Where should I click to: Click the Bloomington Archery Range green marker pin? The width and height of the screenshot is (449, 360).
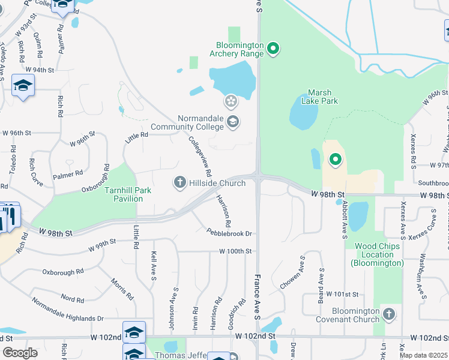pos(273,47)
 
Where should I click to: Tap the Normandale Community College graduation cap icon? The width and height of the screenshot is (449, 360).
pos(232,123)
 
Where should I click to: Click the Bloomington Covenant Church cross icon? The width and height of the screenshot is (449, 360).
pos(389,314)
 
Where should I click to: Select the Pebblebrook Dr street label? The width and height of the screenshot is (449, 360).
pos(229,233)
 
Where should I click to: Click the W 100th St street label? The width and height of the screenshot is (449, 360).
pos(234,251)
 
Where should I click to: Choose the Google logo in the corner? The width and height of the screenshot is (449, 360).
pos(20,352)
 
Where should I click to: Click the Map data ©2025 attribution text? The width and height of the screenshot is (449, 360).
pos(424,355)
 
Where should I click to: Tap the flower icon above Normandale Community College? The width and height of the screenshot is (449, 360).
pos(231,100)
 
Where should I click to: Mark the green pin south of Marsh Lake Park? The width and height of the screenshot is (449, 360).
pos(335,160)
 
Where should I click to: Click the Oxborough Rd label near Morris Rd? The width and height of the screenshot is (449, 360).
pos(63,272)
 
